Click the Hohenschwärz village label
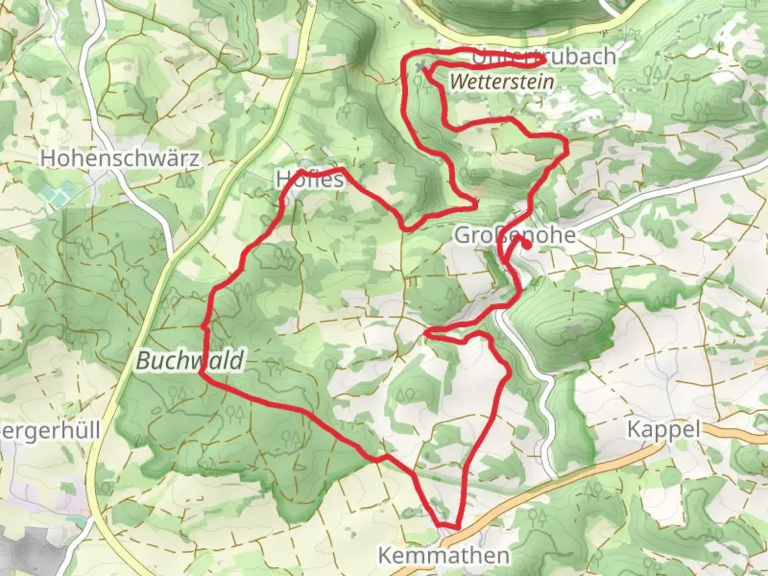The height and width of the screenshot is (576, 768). tap(120, 158)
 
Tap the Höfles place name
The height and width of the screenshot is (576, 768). tap(310, 179)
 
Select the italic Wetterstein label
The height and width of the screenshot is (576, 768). tap(501, 82)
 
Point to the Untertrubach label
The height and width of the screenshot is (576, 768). tap(544, 57)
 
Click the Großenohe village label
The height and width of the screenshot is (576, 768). tap(515, 235)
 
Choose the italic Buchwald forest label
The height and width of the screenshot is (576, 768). tap(190, 361)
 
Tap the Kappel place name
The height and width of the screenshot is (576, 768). tap(663, 429)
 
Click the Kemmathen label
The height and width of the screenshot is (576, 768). tap(444, 555)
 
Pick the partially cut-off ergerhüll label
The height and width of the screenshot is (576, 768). tap(50, 431)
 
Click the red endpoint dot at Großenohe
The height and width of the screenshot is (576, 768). tap(527, 245)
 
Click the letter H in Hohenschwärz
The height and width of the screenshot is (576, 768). tap(47, 158)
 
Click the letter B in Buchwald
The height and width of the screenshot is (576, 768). tap(143, 361)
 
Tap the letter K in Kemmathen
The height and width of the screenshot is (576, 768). tap(385, 555)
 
